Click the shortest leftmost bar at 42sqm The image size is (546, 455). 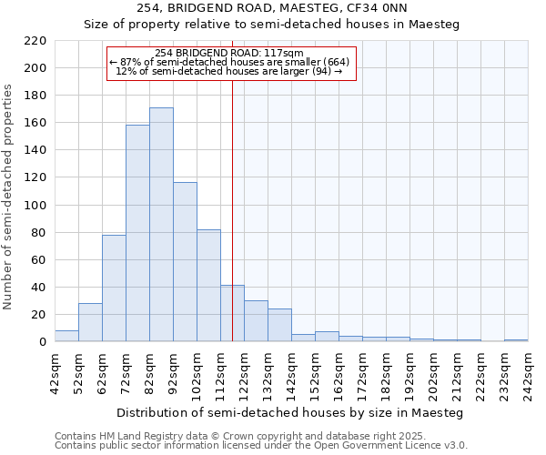point(66,336)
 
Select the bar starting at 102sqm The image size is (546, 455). point(208,286)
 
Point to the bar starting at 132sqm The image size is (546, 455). point(279,325)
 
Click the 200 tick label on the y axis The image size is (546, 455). point(35,68)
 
